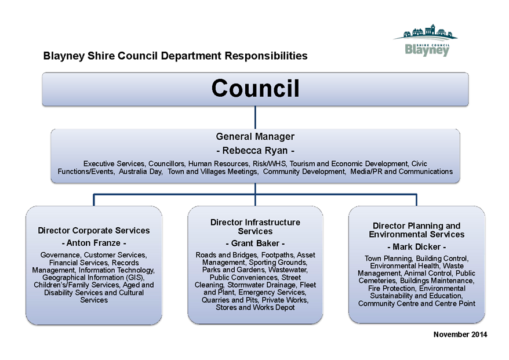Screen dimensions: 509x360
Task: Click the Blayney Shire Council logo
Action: tap(426, 40)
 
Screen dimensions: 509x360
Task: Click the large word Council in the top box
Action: tap(255, 88)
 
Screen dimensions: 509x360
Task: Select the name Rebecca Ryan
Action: tap(255, 151)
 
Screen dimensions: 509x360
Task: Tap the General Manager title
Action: tap(255, 136)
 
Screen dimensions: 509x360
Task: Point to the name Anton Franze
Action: tap(93, 243)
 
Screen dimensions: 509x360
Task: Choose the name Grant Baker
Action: tap(255, 243)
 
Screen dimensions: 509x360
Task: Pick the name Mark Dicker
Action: tap(416, 247)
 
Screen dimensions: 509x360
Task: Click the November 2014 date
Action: tap(460, 334)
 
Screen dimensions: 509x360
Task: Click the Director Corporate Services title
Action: tap(94, 231)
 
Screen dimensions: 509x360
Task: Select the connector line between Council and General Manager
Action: tap(255, 117)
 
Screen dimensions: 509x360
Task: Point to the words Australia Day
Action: tap(140, 172)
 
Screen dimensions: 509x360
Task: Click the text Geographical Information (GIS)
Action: tap(93, 278)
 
